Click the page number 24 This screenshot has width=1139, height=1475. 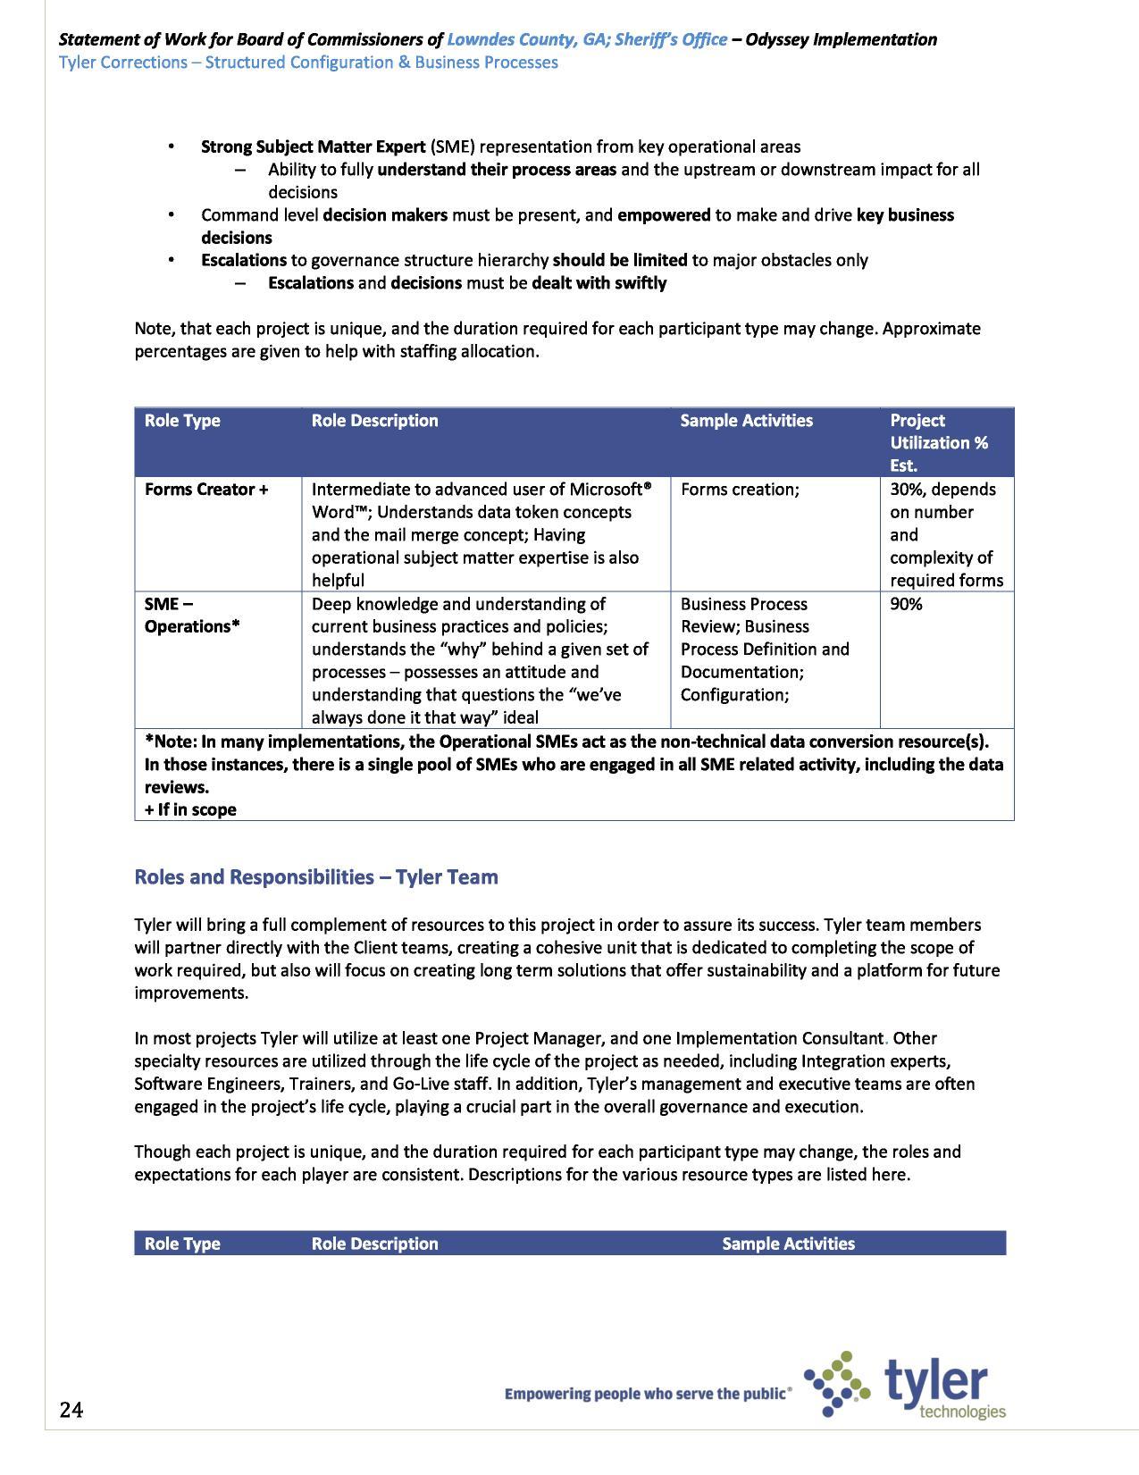tap(71, 1410)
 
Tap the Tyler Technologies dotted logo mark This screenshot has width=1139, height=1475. tap(837, 1385)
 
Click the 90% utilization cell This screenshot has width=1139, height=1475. tap(906, 604)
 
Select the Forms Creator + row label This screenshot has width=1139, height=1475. tap(206, 490)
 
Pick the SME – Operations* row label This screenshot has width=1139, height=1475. tap(192, 616)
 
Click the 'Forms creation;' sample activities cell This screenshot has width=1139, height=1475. tap(740, 490)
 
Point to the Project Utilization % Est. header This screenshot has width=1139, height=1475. tap(938, 442)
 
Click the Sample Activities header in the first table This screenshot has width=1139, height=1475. tap(746, 421)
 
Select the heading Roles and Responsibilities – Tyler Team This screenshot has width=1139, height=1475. tap(316, 876)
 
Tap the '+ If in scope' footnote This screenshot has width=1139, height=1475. tap(190, 809)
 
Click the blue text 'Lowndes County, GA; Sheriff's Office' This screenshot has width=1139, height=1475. tap(586, 39)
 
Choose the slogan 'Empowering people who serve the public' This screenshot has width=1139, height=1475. tap(648, 1393)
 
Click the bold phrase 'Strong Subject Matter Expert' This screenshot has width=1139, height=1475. tap(313, 147)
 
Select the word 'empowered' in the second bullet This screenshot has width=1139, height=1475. tap(664, 215)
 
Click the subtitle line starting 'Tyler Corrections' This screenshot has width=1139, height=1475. tap(308, 63)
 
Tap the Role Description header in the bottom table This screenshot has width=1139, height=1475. tap(374, 1244)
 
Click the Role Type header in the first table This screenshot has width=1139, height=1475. tap(182, 421)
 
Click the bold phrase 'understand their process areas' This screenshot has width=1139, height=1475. tap(497, 170)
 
